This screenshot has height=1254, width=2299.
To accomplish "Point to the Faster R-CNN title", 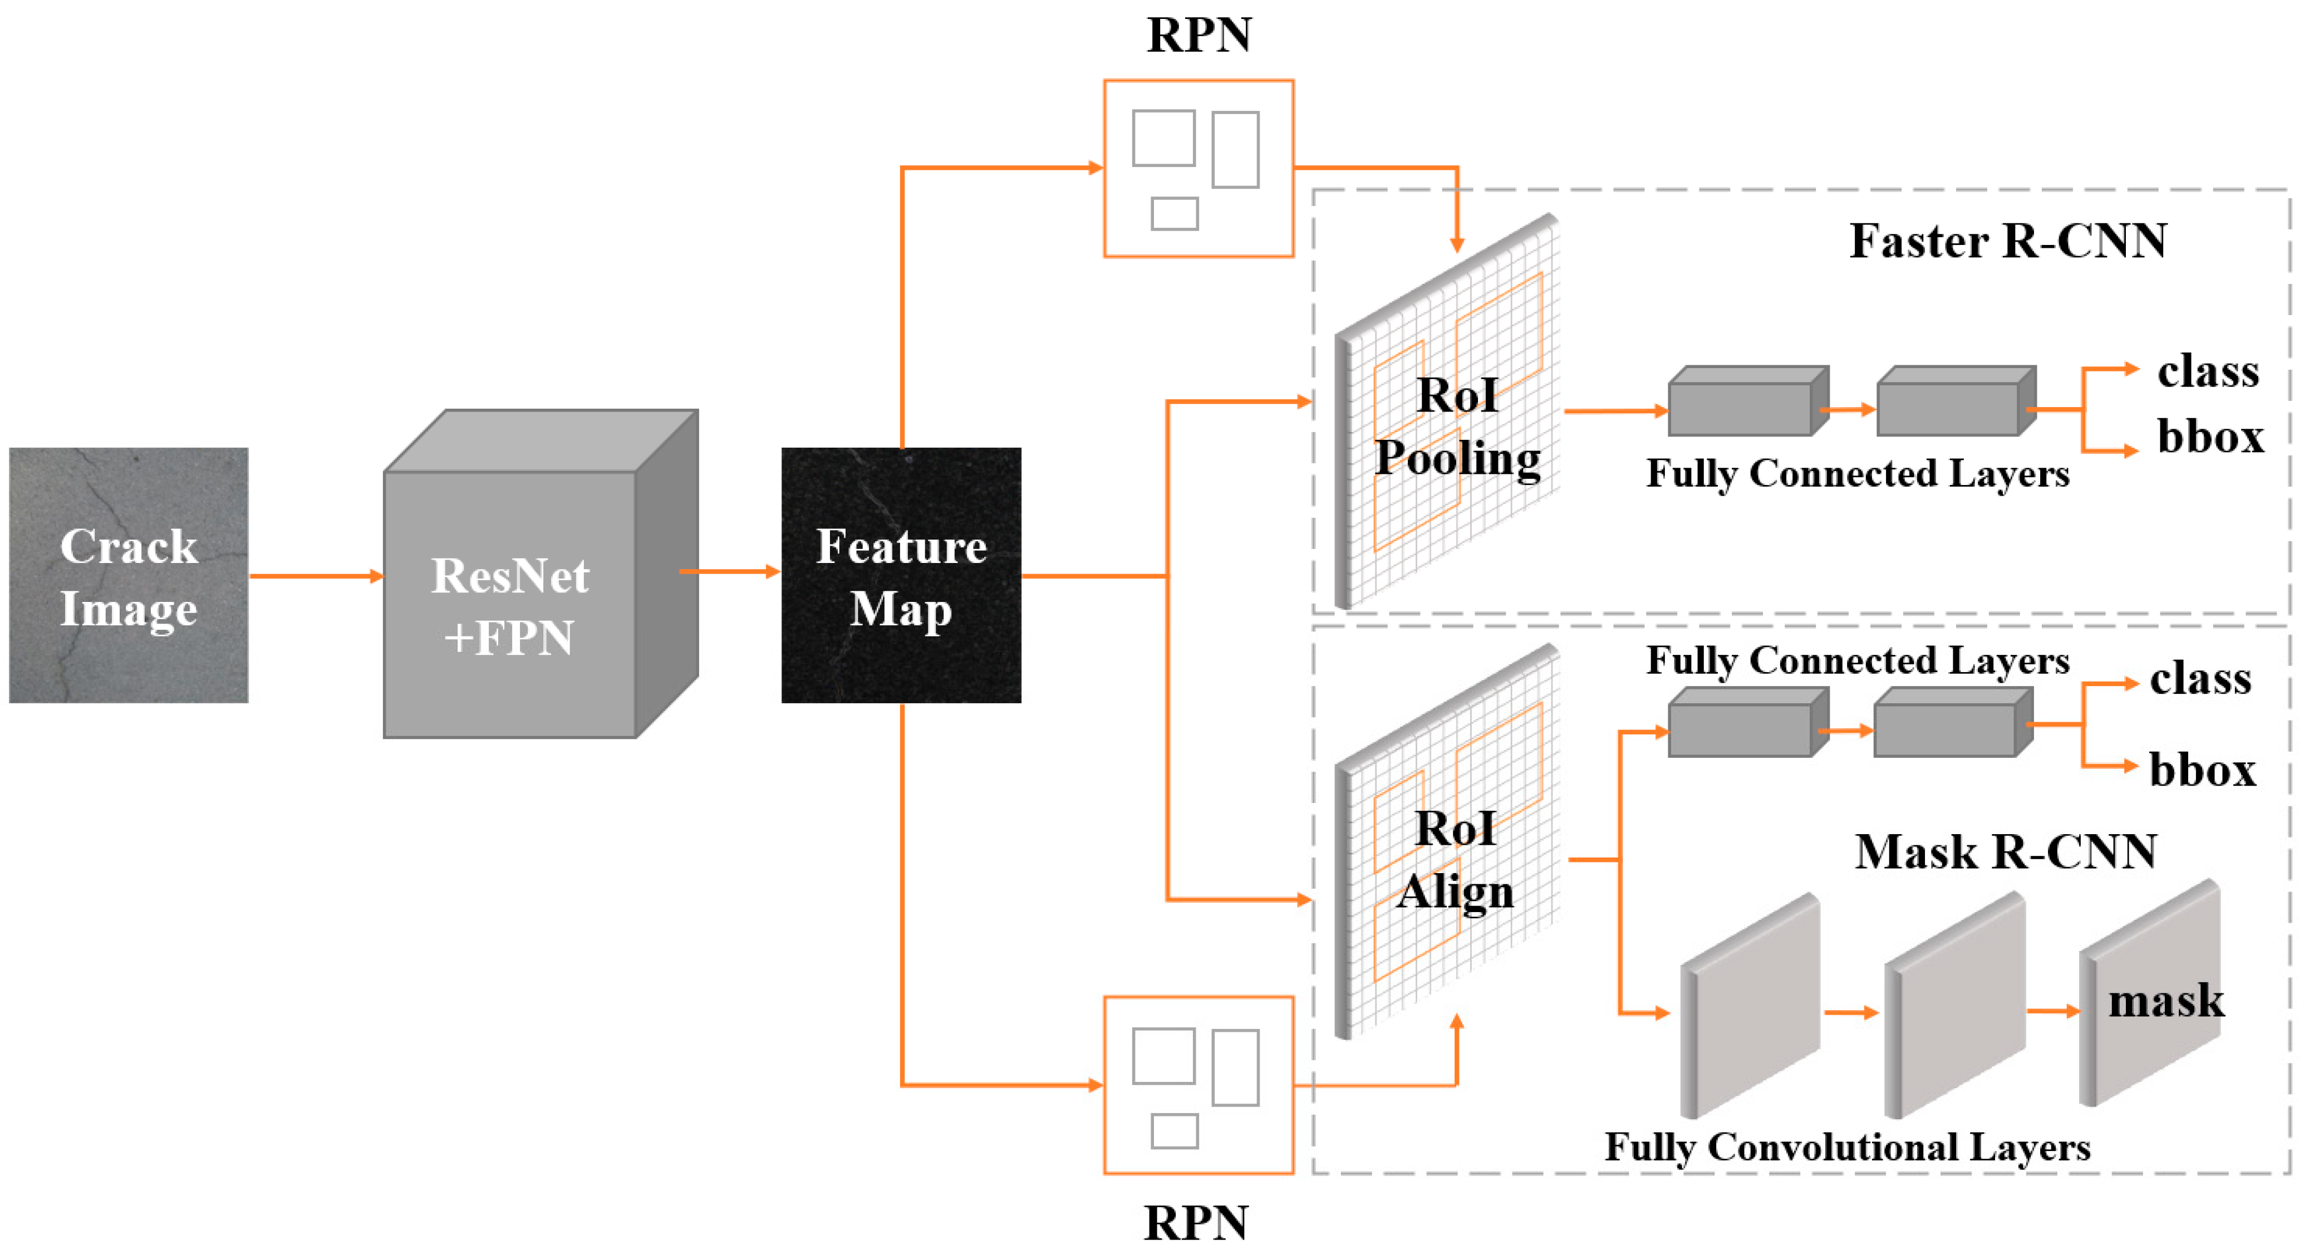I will pyautogui.click(x=2007, y=241).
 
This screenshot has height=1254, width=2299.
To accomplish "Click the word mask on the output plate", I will pyautogui.click(x=2165, y=1001).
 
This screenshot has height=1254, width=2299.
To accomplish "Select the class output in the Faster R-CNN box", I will pyautogui.click(x=2208, y=371).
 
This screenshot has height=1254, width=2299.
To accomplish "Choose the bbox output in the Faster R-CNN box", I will pyautogui.click(x=2210, y=437).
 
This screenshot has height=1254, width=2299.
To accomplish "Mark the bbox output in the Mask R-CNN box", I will pyautogui.click(x=2202, y=770).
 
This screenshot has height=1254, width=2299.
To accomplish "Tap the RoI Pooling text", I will pyautogui.click(x=1457, y=427).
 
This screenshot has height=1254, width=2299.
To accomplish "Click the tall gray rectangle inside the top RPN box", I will pyautogui.click(x=1235, y=150).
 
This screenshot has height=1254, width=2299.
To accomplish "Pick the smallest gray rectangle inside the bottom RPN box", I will pyautogui.click(x=1175, y=1131).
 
